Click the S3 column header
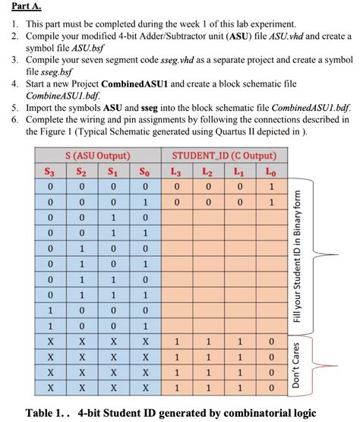coord(51,172)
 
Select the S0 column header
coord(144,172)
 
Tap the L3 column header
coord(175,172)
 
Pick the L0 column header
coord(271,172)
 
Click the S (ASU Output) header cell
coord(97,156)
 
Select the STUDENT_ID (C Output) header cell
coord(223,156)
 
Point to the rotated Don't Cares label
coord(297,364)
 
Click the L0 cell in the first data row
coord(271,187)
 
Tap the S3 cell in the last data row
coord(51,387)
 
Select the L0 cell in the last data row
coord(271,387)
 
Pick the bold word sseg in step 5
coord(139,108)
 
